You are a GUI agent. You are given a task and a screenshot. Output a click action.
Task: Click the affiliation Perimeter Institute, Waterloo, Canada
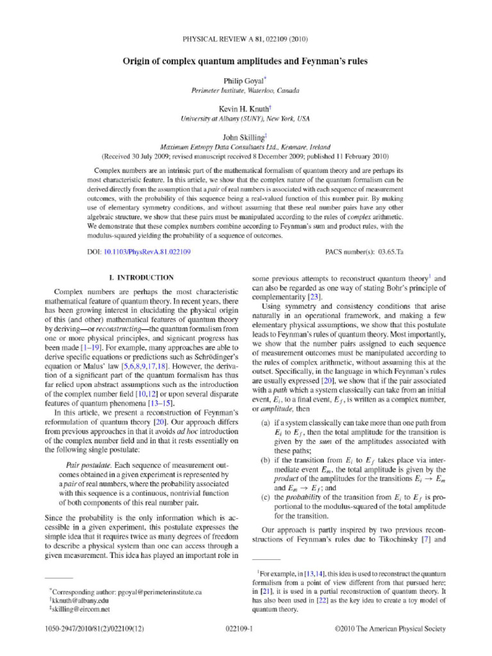coord(245,90)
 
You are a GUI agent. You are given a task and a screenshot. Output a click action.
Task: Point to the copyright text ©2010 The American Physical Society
coord(390,629)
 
